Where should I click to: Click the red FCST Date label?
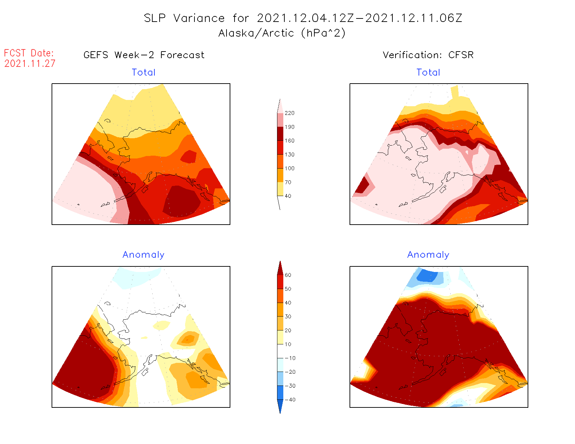tap(29, 53)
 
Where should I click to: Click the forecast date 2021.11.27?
tap(30, 64)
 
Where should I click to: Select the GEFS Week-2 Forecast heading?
tap(144, 55)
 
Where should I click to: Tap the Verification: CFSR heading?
tap(428, 55)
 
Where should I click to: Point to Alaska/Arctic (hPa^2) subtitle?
tap(282, 33)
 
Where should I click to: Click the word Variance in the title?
tap(199, 18)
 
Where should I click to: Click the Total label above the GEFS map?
tap(144, 72)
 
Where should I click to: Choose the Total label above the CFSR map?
tap(428, 72)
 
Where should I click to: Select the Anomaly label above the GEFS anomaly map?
tap(143, 255)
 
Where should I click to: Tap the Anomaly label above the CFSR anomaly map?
tap(428, 255)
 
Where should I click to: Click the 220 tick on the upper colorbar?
tap(289, 113)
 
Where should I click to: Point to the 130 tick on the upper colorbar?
tap(289, 155)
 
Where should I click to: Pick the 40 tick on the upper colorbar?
tap(288, 196)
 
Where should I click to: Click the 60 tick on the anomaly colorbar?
tap(288, 275)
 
